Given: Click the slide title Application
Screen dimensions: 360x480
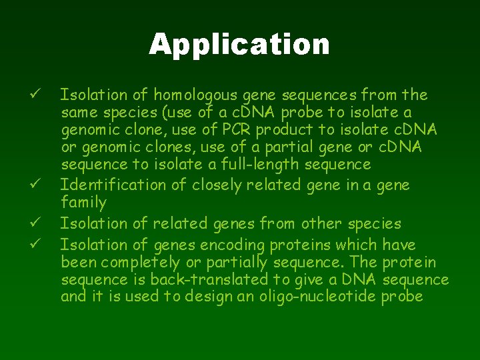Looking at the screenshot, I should click(x=239, y=45).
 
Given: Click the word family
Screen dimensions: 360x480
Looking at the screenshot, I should click(x=83, y=202).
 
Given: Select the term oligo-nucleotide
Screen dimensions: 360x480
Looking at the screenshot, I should click(x=323, y=297).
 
